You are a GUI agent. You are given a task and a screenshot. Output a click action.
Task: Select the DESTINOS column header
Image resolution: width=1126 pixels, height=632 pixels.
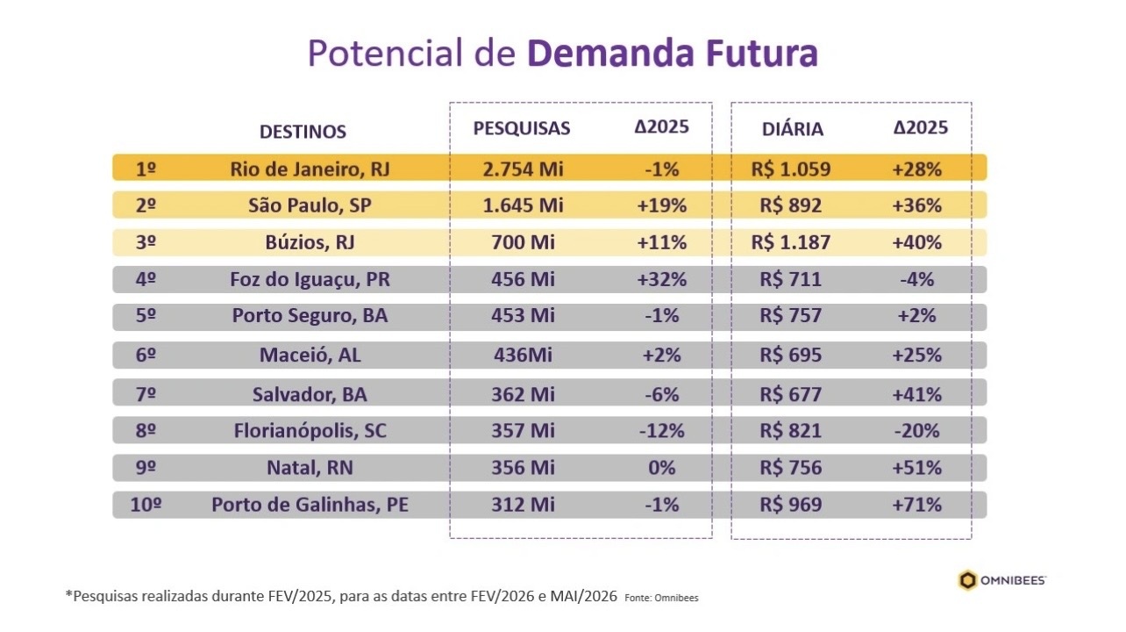[x=303, y=132]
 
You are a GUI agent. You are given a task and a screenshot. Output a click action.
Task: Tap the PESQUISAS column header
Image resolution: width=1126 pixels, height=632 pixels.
[x=522, y=128]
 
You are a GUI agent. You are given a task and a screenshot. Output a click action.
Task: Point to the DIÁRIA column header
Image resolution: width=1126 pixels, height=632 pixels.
[x=793, y=129]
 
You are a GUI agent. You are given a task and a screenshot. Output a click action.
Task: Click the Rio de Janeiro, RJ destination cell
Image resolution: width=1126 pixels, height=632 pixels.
[x=310, y=169]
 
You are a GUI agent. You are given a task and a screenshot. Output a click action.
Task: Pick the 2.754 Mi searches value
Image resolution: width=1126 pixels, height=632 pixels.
[x=523, y=169]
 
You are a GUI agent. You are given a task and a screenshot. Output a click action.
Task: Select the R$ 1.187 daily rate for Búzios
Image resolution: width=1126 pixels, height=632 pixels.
[x=790, y=242]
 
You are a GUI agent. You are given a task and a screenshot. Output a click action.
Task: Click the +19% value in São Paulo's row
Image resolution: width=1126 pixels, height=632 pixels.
[x=662, y=205]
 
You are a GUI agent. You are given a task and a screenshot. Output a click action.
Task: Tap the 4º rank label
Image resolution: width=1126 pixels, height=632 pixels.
[x=146, y=280]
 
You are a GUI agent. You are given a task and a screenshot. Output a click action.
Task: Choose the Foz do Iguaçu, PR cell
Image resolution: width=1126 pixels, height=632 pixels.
[x=311, y=280]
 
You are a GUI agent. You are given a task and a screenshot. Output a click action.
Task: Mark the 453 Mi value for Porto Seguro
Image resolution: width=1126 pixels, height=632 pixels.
[x=523, y=317]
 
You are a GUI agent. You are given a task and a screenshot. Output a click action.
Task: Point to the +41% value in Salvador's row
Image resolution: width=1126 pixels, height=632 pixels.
[x=916, y=394]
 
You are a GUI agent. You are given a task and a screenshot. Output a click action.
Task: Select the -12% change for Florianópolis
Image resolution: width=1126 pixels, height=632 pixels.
[x=662, y=431]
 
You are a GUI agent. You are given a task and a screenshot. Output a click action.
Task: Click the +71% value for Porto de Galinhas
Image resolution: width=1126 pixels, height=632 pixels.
[x=916, y=505]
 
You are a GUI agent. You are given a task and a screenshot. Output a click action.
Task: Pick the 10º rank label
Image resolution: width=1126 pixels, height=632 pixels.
[x=146, y=505]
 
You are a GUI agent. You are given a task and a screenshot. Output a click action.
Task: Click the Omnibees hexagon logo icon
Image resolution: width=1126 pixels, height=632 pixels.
[x=967, y=580]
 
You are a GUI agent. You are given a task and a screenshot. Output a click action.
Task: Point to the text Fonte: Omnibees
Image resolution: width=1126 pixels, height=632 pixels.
[x=661, y=598]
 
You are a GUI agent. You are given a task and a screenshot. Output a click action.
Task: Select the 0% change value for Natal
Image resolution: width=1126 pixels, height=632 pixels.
[x=662, y=468]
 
